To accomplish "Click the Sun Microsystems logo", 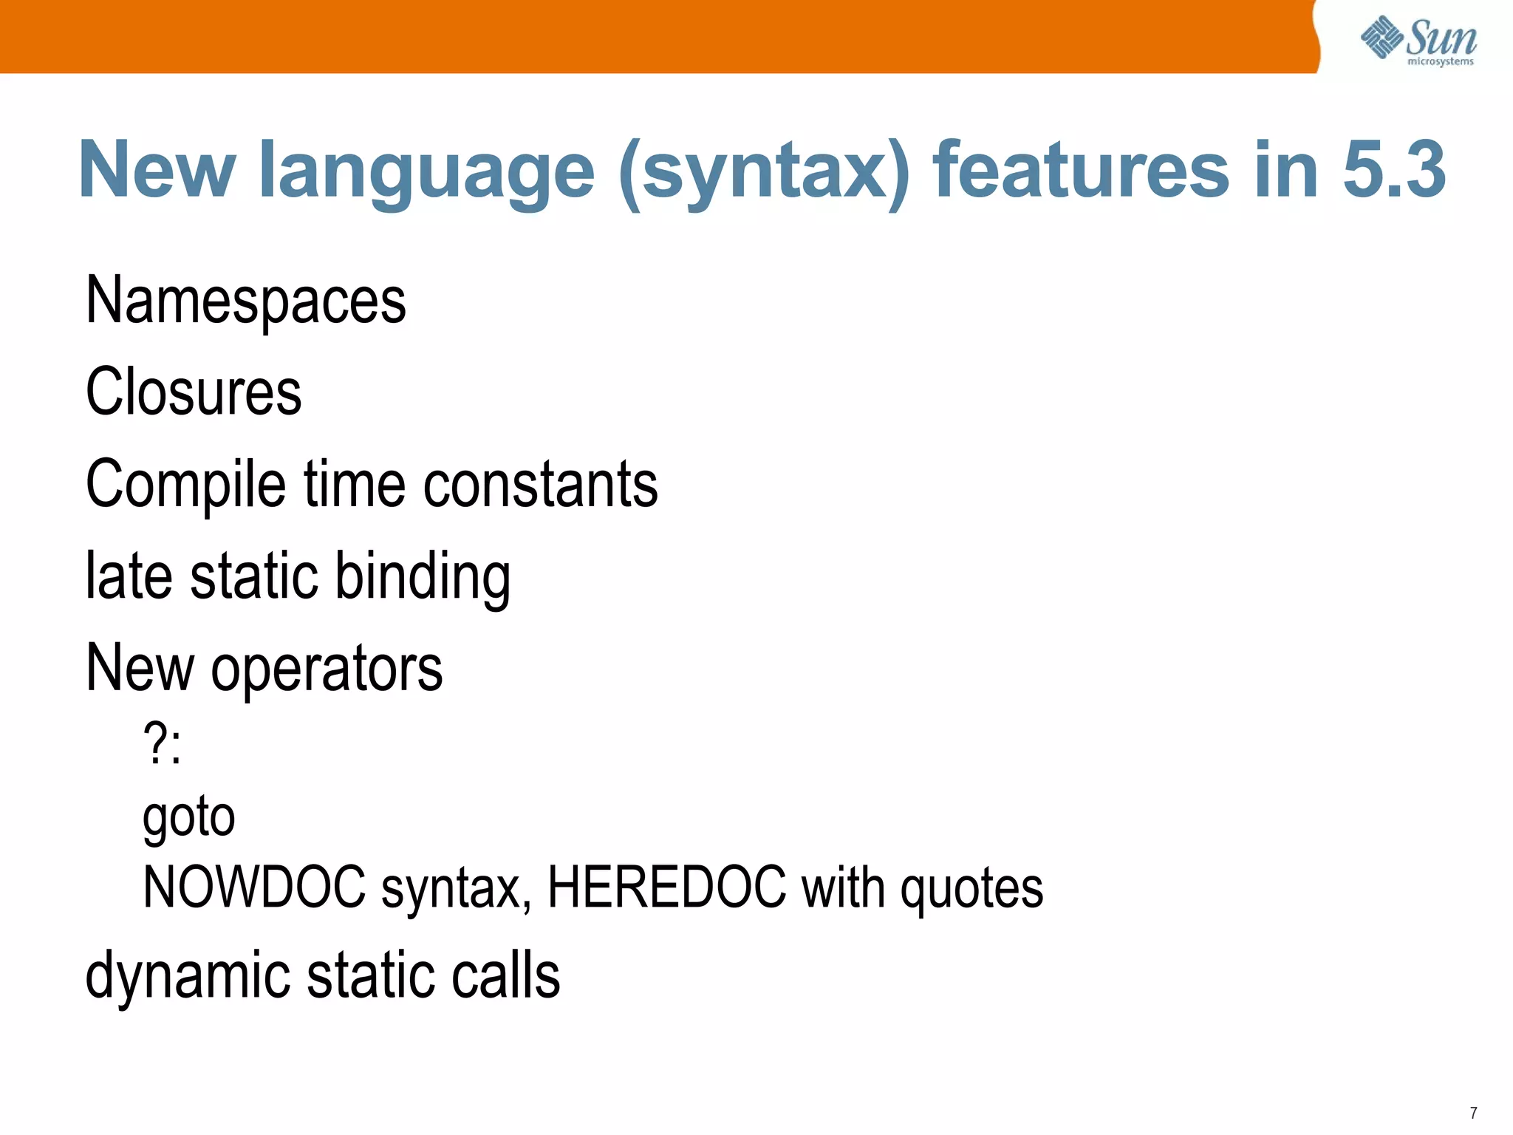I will click(x=1418, y=40).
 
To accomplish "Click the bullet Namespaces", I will click(x=246, y=301).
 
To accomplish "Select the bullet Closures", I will click(x=194, y=392).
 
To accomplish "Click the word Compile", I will click(x=185, y=485).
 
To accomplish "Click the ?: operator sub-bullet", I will click(x=162, y=743).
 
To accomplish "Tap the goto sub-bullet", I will click(x=189, y=817).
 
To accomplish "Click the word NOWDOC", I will click(x=255, y=887).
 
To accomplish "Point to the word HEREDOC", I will click(x=666, y=887).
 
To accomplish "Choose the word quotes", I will click(x=971, y=889).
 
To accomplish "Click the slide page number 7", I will click(x=1473, y=1113).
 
